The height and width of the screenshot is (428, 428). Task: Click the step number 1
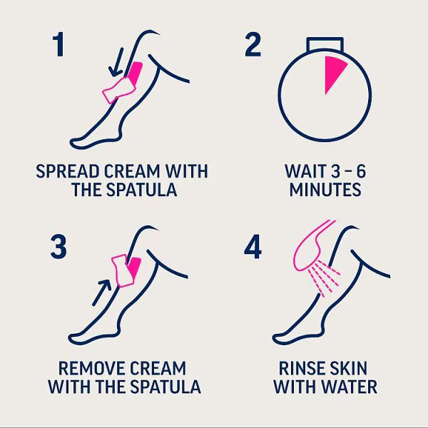coord(58,44)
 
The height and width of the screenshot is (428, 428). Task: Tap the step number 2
coord(253,44)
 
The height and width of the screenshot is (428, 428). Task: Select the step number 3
coord(58,247)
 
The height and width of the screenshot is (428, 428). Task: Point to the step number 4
coord(253,247)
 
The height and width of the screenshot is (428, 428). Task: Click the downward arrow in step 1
coord(116,62)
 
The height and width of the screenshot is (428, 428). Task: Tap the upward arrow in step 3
coord(102,292)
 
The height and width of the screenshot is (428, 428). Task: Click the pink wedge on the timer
coord(335,74)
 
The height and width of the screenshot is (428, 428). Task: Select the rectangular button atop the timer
coord(325,44)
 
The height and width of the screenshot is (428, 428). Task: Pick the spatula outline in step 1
coord(119,91)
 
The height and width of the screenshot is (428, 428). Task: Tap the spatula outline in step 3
coord(123,271)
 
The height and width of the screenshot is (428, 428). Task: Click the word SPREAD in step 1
coord(68,171)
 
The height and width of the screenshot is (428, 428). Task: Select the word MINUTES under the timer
coord(325,190)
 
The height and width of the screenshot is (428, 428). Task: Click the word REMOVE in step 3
coord(91,369)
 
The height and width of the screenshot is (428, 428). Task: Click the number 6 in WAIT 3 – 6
coord(361,171)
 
